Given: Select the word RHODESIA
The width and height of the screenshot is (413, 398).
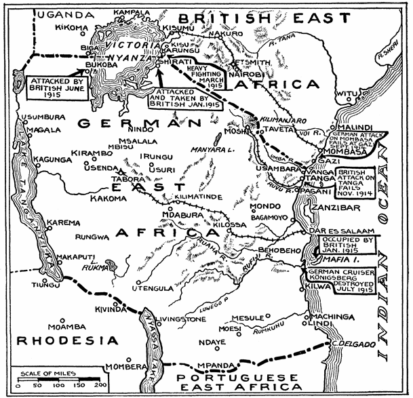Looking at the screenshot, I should click(x=57, y=340).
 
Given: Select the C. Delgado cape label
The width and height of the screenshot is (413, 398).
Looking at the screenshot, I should click(x=353, y=346).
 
